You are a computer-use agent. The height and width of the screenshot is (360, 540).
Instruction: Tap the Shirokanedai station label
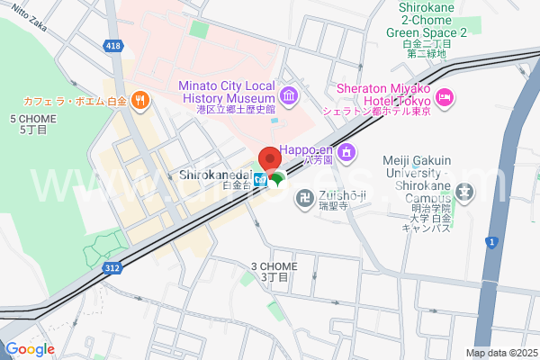(x=213, y=174)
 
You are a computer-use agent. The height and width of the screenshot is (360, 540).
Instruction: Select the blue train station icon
(x=259, y=177)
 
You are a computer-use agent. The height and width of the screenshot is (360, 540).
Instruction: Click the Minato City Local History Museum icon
(x=288, y=95)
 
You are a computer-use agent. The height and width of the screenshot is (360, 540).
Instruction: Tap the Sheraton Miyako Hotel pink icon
(x=444, y=96)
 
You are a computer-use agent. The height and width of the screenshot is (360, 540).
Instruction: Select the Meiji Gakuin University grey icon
(x=464, y=191)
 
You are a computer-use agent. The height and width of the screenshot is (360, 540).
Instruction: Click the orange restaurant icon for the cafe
(x=139, y=100)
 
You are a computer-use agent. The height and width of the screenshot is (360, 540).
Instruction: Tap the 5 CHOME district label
(x=28, y=124)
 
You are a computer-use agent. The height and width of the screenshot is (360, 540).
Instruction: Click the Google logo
(x=30, y=349)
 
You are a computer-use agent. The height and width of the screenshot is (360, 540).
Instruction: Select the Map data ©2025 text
(x=500, y=353)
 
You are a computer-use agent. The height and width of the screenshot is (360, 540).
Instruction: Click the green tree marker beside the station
(x=277, y=178)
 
